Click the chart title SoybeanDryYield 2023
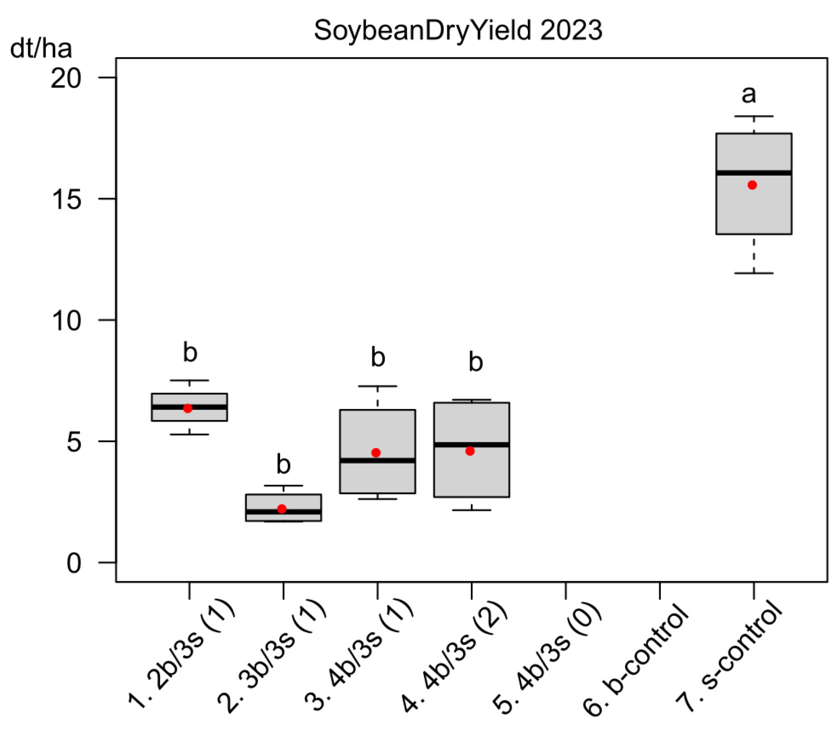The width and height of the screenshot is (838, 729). [x=458, y=30]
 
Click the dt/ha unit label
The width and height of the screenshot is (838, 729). [x=41, y=49]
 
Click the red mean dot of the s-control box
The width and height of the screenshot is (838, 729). [x=752, y=185]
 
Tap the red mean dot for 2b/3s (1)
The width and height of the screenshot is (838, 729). [x=188, y=408]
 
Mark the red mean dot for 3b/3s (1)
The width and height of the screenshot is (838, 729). [x=282, y=509]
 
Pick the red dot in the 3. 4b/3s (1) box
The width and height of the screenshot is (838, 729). [x=376, y=453]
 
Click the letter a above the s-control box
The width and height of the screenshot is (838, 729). [x=749, y=94]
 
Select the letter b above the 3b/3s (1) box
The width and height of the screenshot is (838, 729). [x=284, y=465]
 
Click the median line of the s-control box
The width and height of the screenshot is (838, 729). [x=753, y=173]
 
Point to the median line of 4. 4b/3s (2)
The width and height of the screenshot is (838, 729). [x=471, y=445]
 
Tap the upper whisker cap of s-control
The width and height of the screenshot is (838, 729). [x=753, y=117]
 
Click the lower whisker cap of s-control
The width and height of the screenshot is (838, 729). [x=753, y=274]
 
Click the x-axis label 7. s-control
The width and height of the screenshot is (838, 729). [x=729, y=660]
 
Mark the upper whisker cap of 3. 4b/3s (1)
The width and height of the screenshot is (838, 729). [x=378, y=386]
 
